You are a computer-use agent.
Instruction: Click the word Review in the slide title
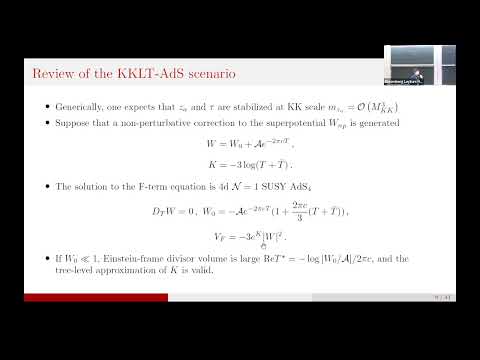pyautogui.click(x=53, y=73)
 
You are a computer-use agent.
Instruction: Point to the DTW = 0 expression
pyautogui.click(x=175, y=210)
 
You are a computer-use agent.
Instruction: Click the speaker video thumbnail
pyautogui.click(x=419, y=66)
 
